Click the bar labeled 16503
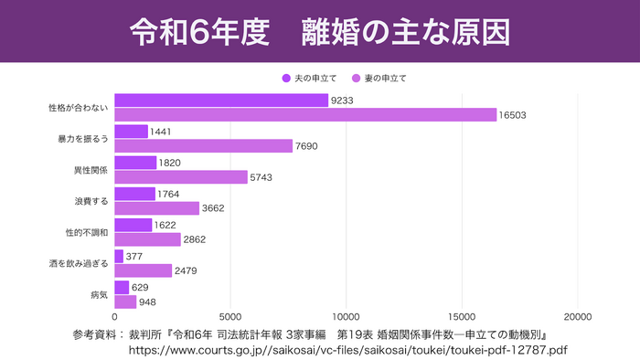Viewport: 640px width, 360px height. pos(305,115)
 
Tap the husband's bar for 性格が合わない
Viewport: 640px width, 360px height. pos(221,101)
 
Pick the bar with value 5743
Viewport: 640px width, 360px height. pos(181,177)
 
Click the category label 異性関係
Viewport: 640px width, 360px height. pos(91,170)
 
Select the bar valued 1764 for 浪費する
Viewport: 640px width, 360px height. pos(134,194)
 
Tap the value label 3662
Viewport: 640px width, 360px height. pos(214,208)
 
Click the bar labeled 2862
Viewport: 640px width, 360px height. pos(147,239)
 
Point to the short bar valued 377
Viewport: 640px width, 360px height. pos(119,256)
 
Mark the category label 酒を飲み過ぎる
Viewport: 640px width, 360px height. pos(79,263)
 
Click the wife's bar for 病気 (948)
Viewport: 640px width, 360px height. pos(125,302)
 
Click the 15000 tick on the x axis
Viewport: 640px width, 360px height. pos(462,317)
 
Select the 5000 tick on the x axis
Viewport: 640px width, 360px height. pos(230,317)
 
